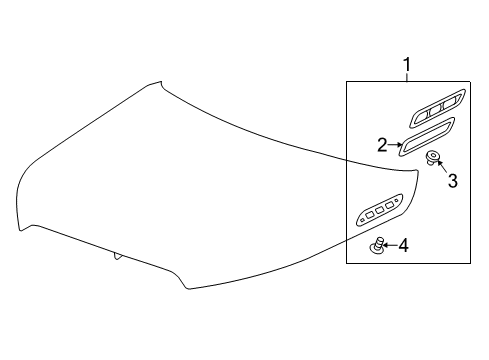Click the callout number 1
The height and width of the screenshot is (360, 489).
pyautogui.click(x=407, y=66)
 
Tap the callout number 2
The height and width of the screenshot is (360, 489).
pyautogui.click(x=382, y=145)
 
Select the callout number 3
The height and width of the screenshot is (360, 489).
pyautogui.click(x=452, y=181)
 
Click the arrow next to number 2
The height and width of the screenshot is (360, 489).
pyautogui.click(x=396, y=145)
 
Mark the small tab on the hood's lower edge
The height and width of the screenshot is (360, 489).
pyautogui.click(x=118, y=256)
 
